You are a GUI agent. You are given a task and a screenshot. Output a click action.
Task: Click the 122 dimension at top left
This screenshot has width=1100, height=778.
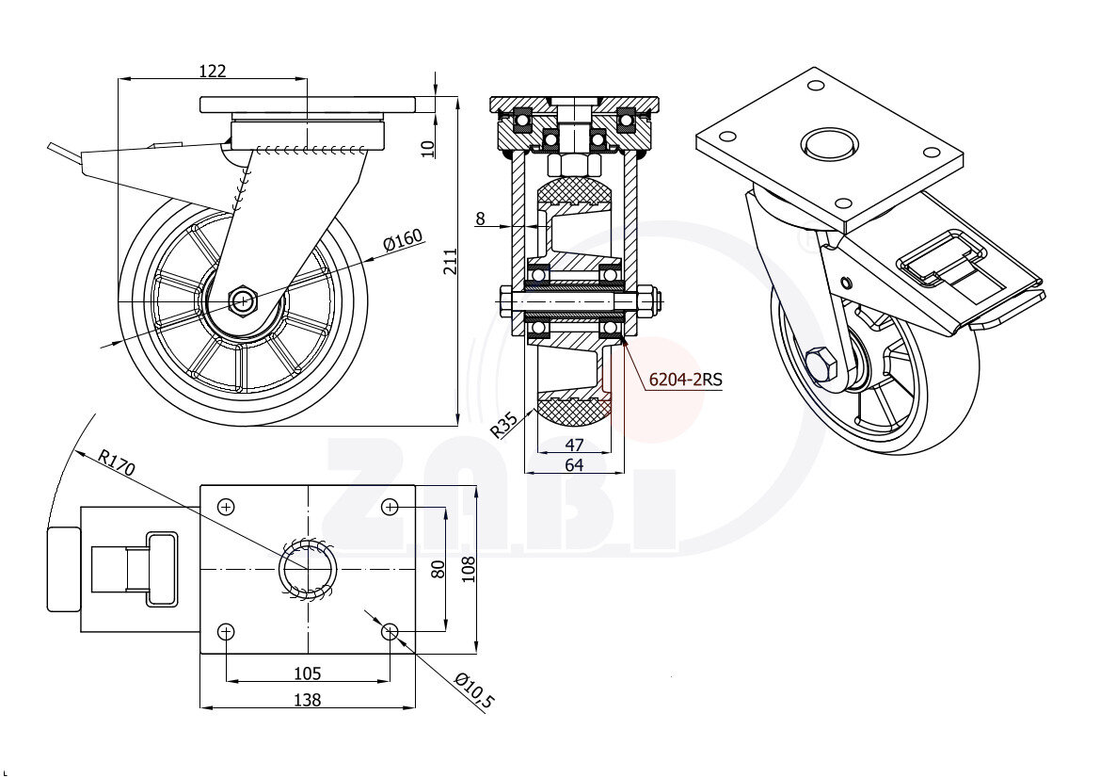coord(213,71)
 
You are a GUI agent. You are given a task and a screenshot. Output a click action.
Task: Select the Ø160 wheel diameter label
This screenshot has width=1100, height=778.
coord(402,241)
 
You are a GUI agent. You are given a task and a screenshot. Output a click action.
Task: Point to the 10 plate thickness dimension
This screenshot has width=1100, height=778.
coord(428,147)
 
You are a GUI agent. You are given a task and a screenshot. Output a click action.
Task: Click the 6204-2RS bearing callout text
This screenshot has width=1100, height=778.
coord(685,380)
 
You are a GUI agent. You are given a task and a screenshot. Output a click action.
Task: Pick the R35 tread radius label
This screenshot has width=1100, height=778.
coord(505,426)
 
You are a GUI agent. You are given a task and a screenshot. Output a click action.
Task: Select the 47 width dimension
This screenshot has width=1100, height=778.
coord(574,445)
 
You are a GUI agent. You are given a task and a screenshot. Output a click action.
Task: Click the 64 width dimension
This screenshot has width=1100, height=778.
coord(574,464)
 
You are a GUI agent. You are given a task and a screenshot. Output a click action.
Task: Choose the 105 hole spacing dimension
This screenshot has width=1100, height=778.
coord(308,673)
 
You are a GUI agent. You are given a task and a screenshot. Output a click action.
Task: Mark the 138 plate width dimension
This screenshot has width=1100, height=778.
coord(308,700)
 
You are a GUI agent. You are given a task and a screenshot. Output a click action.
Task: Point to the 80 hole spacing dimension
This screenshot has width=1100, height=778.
coord(437,569)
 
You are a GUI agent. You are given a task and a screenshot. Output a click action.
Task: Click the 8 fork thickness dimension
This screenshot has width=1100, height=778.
coord(480,219)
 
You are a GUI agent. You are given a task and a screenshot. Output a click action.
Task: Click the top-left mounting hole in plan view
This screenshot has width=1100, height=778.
coord(226,508)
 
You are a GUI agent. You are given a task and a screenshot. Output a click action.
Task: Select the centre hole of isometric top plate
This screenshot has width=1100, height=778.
coord(829,145)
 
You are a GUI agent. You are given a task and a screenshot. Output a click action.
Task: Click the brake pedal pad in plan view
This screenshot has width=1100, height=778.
coord(64,569)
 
